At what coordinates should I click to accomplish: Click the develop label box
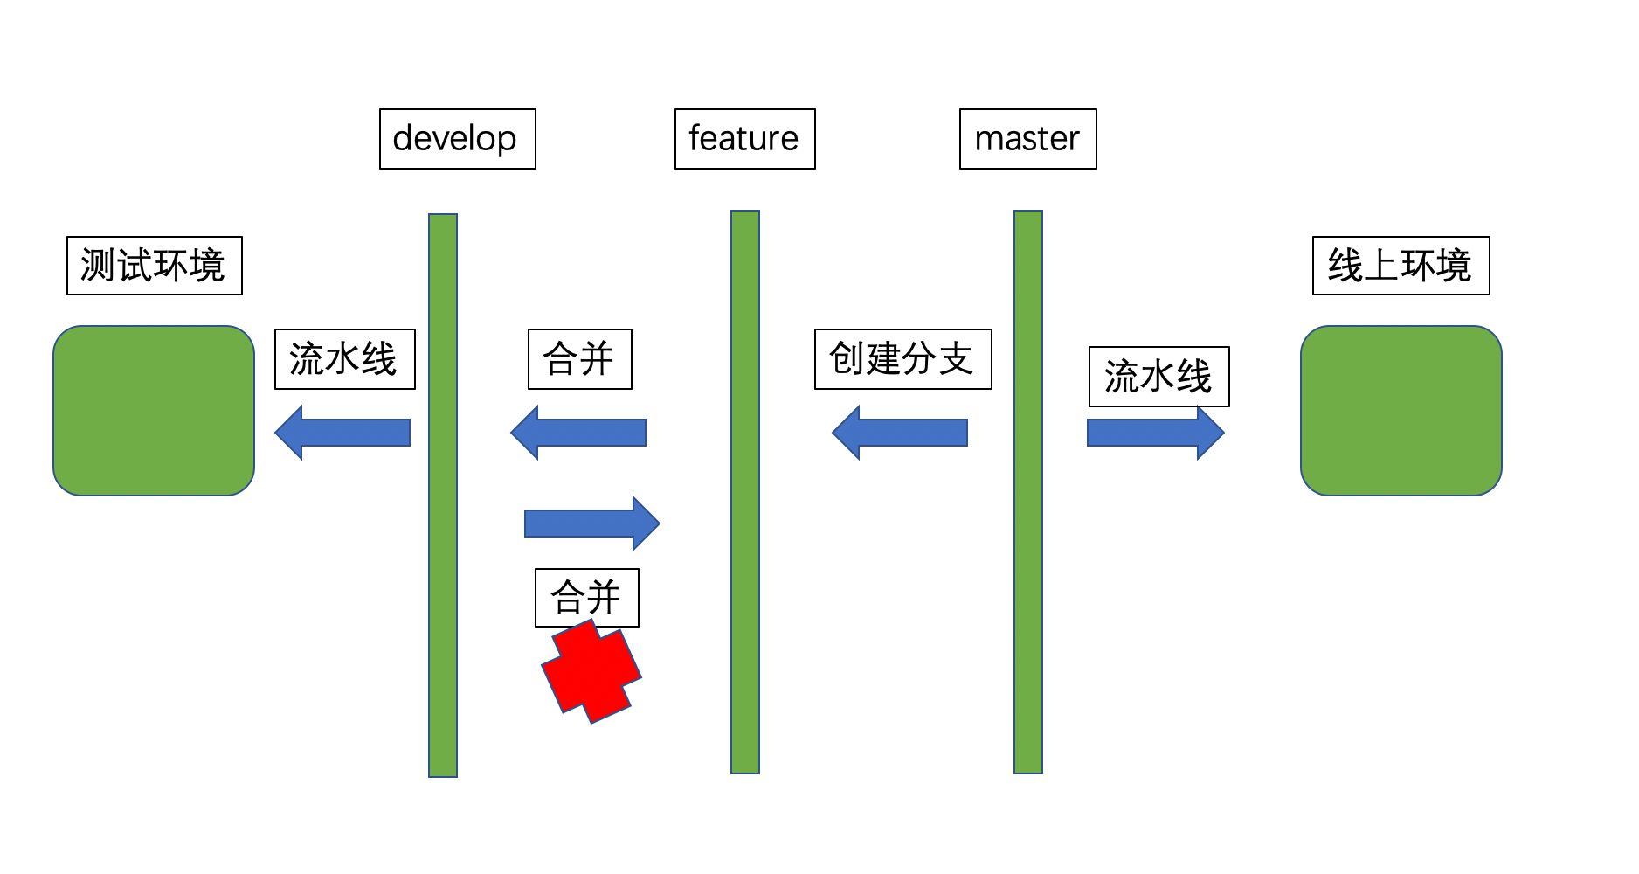point(457,139)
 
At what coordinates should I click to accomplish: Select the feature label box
point(744,139)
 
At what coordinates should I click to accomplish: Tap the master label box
point(1027,139)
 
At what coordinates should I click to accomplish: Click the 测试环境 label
point(154,266)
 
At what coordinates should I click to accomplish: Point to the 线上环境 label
point(1400,266)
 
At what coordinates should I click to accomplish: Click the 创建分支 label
point(902,359)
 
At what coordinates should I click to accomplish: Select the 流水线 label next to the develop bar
point(344,359)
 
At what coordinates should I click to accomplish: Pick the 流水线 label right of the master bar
point(1158,377)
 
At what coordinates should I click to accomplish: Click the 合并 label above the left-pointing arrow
point(579,359)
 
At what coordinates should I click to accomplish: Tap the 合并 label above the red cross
point(586,598)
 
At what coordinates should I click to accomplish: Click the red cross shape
point(591,672)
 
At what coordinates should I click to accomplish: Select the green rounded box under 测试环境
point(154,411)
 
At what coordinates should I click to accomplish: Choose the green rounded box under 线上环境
point(1400,411)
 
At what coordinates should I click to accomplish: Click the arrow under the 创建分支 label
point(899,433)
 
